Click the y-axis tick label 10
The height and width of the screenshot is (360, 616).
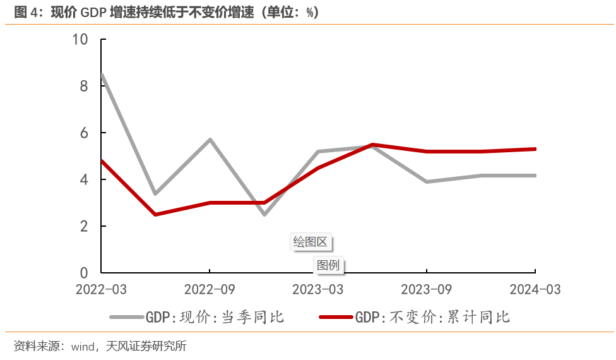point(80,40)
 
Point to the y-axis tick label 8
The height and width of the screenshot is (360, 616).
point(84,86)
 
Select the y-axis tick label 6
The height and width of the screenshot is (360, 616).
point(84,133)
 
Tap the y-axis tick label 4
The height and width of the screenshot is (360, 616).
point(84,179)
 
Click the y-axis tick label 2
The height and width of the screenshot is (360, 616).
point(84,226)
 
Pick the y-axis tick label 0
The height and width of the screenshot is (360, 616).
point(84,273)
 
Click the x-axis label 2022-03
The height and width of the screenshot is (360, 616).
point(101,289)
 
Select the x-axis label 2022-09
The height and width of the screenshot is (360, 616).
point(210,289)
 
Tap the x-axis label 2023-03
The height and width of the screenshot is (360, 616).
point(318,289)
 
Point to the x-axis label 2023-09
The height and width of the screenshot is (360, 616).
point(427,289)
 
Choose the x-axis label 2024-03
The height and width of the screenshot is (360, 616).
point(535,289)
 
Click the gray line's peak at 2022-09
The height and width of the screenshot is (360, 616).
point(210,140)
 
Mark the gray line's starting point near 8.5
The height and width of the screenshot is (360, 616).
point(102,75)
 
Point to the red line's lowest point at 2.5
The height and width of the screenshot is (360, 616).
point(155,215)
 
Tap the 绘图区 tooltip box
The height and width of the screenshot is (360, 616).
point(312,242)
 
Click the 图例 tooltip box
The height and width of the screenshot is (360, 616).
point(328,265)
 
